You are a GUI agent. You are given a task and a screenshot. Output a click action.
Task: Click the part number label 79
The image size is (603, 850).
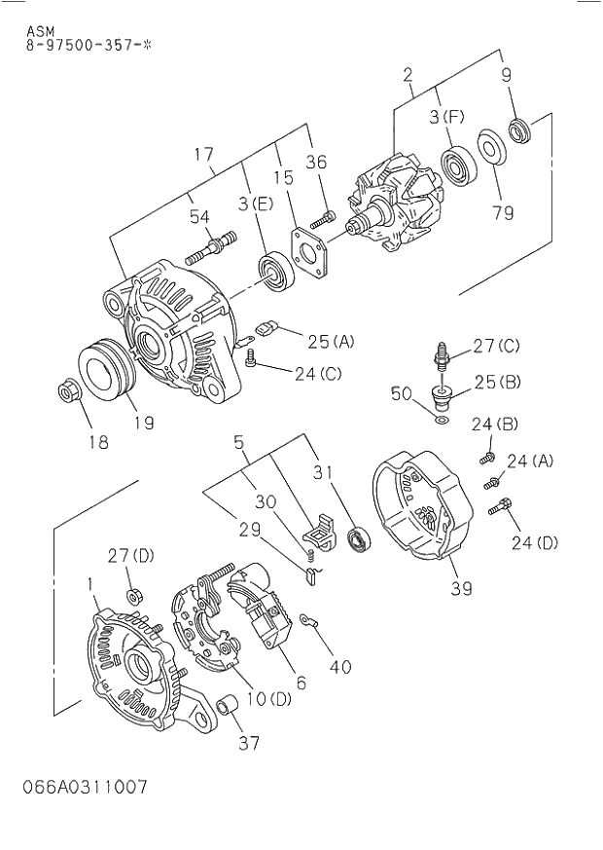pos(503,212)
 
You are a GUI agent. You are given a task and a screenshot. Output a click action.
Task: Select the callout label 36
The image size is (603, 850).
pos(317,162)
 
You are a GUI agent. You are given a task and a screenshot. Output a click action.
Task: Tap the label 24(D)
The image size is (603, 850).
pos(535,543)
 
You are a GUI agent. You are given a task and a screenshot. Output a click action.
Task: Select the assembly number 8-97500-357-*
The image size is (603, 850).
pos(88,45)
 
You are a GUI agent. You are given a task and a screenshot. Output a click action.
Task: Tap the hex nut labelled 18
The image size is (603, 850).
pos(66,393)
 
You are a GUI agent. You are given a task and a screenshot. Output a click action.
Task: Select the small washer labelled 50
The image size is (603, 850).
pos(440,420)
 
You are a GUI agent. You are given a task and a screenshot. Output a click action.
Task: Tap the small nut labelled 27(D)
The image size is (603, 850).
pos(130,595)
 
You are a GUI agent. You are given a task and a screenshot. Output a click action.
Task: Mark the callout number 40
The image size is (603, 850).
pos(340,667)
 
